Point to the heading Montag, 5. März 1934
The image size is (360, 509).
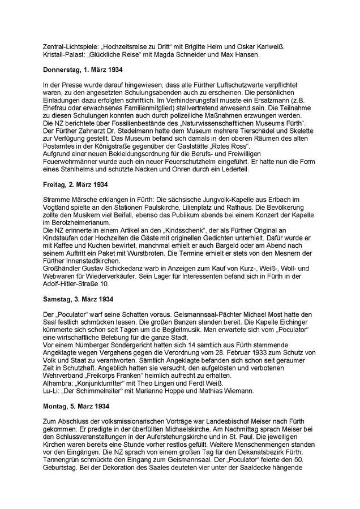tap(76, 406)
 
